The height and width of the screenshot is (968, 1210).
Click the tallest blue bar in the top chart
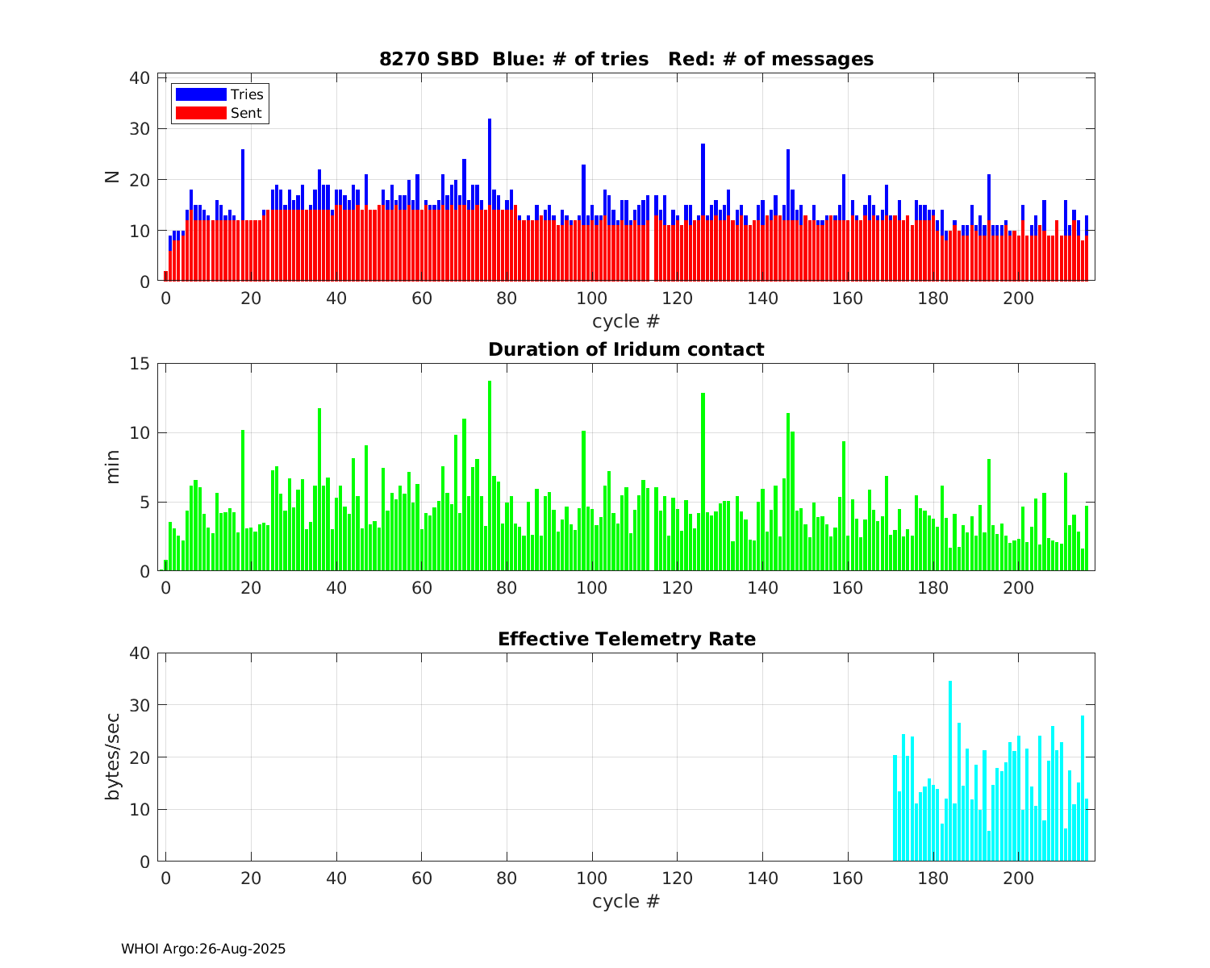coord(490,161)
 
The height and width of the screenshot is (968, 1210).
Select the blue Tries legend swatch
coord(201,94)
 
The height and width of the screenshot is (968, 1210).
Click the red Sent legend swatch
coord(201,113)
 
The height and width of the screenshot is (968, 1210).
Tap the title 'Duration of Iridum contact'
coord(626,349)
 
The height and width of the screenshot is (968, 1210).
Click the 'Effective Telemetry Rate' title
coord(627,639)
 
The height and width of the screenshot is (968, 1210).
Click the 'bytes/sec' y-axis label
coord(112,757)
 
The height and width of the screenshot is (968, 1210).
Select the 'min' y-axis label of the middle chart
coord(112,467)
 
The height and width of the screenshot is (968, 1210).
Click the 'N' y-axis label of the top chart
coord(112,177)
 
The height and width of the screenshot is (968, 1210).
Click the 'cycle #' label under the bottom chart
coord(626,901)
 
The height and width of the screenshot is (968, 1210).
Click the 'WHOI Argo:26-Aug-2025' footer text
coord(203,949)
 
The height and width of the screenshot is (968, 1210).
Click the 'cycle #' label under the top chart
coord(626,321)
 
